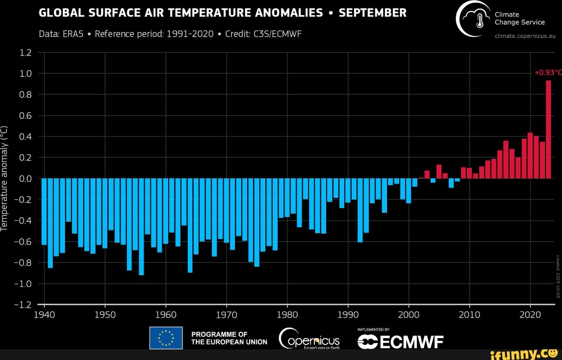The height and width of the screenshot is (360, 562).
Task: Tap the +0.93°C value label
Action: click(x=548, y=73)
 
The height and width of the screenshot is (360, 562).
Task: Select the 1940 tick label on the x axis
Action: click(x=44, y=314)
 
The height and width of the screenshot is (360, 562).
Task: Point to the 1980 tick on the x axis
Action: click(x=288, y=314)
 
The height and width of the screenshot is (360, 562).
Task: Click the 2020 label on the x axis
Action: click(x=531, y=314)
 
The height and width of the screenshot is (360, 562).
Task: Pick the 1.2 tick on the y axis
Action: click(x=26, y=52)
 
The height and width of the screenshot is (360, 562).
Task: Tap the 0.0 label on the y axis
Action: click(x=26, y=179)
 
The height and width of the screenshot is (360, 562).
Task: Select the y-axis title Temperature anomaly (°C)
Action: click(x=5, y=179)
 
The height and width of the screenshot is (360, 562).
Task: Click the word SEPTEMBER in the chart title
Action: click(x=373, y=13)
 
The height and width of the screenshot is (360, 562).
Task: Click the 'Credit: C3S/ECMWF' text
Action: click(x=264, y=34)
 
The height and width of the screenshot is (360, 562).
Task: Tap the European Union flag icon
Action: click(x=166, y=338)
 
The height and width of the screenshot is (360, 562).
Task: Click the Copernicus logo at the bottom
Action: click(x=310, y=338)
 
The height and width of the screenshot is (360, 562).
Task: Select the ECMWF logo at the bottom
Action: click(x=400, y=341)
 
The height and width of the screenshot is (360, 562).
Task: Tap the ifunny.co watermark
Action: click(x=526, y=353)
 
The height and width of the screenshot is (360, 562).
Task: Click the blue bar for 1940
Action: click(x=44, y=211)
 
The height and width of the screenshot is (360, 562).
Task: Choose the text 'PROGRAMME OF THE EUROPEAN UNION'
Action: click(x=229, y=338)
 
